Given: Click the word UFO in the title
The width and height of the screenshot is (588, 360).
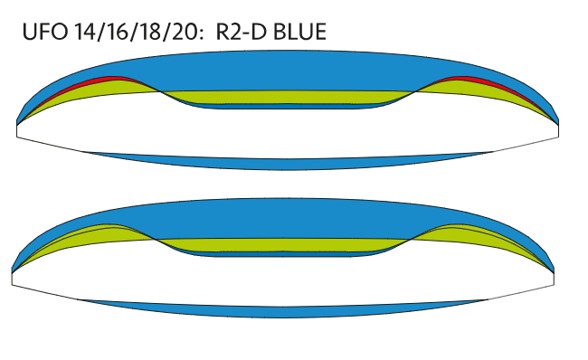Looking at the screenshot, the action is (x=45, y=32).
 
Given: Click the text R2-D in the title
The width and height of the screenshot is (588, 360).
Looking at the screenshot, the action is (x=242, y=32).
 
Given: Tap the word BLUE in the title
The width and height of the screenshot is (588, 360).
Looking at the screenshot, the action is (x=299, y=32).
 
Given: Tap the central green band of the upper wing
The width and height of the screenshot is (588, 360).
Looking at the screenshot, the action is (x=285, y=97).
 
